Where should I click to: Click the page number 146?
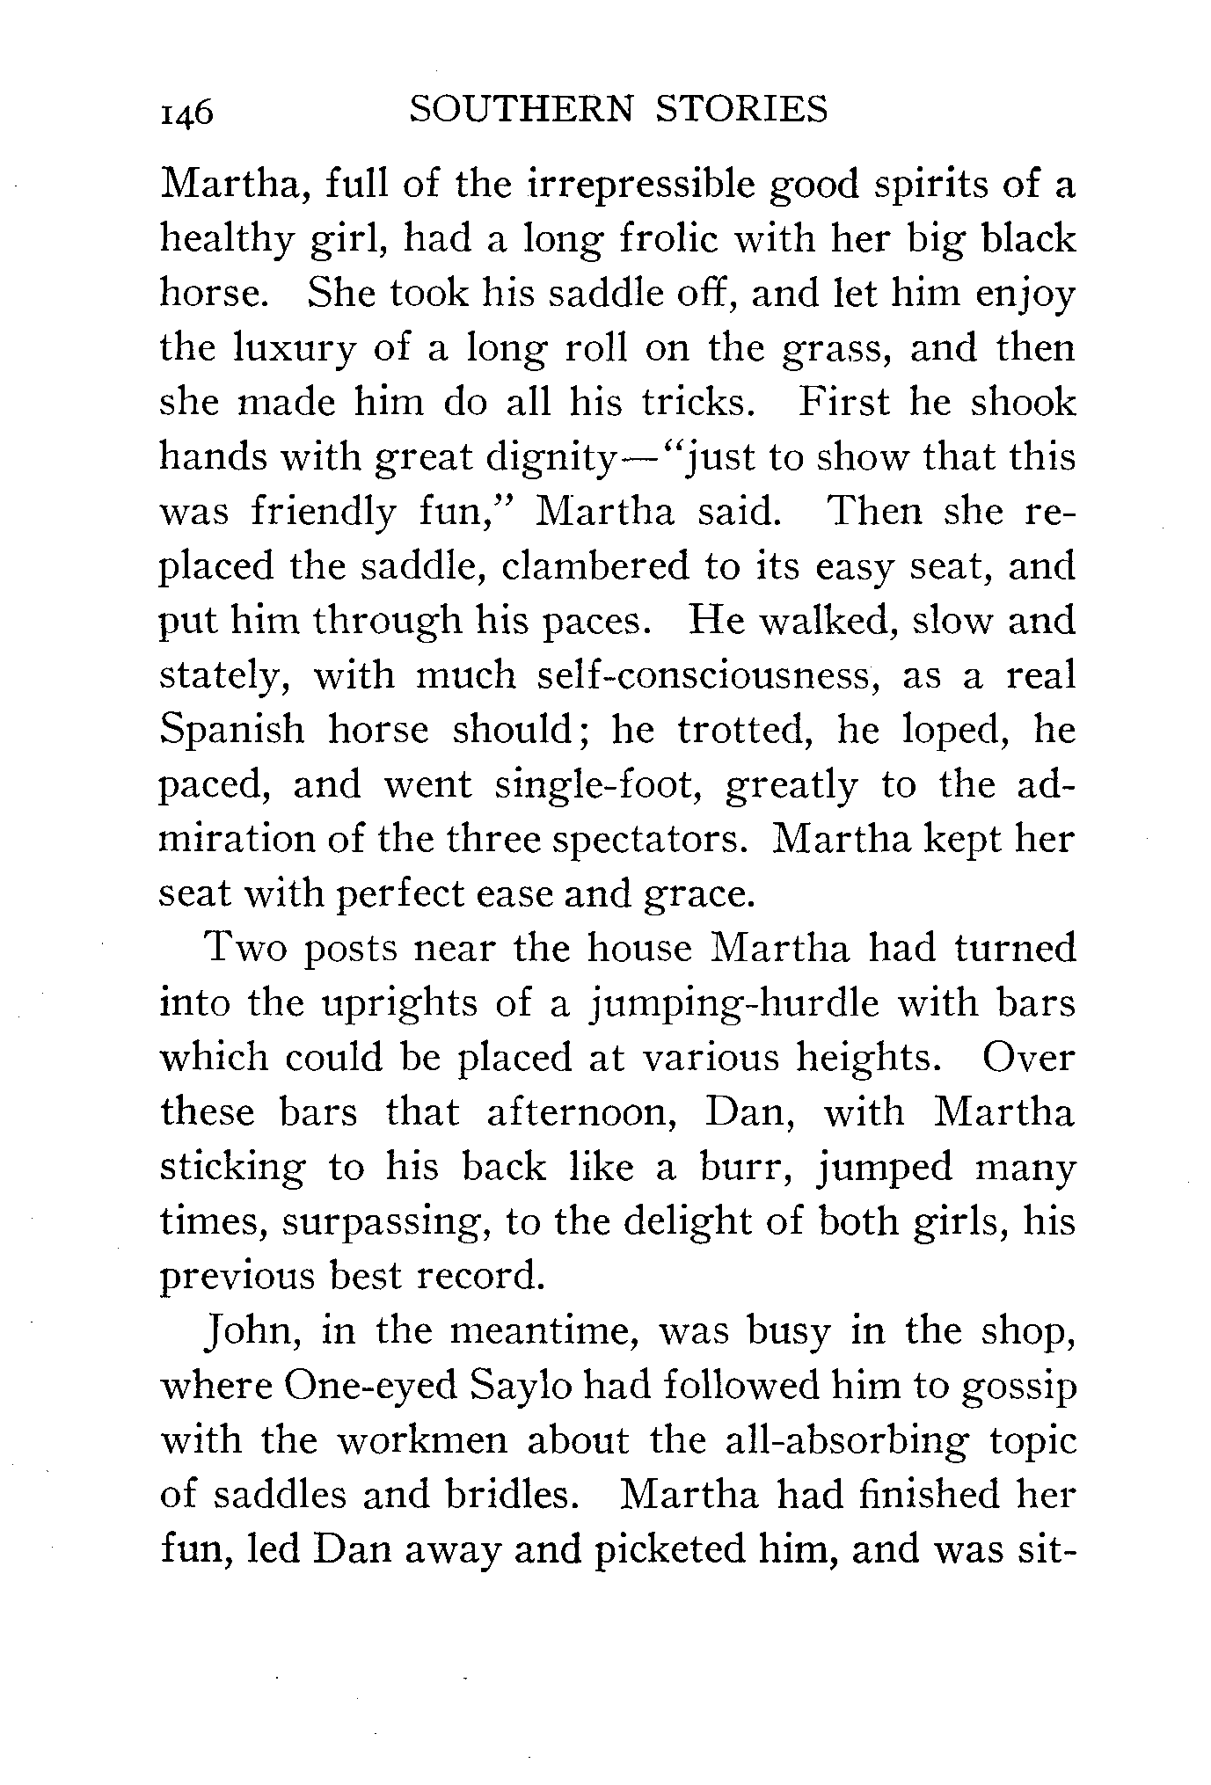click(186, 113)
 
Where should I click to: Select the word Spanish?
click(232, 731)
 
